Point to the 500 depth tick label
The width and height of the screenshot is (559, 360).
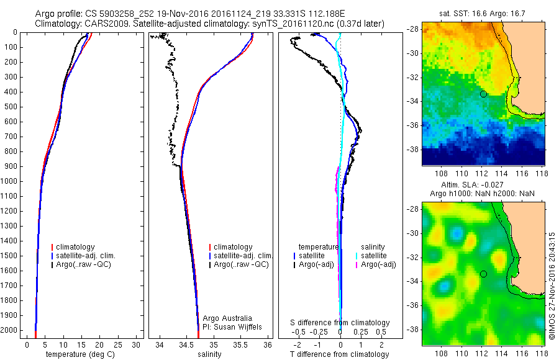point(10,107)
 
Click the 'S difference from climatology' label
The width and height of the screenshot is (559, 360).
point(340,323)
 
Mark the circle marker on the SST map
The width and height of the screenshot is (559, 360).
point(483,94)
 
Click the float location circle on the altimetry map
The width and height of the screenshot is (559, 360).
point(483,274)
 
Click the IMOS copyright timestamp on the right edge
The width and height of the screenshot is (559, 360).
point(552,286)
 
